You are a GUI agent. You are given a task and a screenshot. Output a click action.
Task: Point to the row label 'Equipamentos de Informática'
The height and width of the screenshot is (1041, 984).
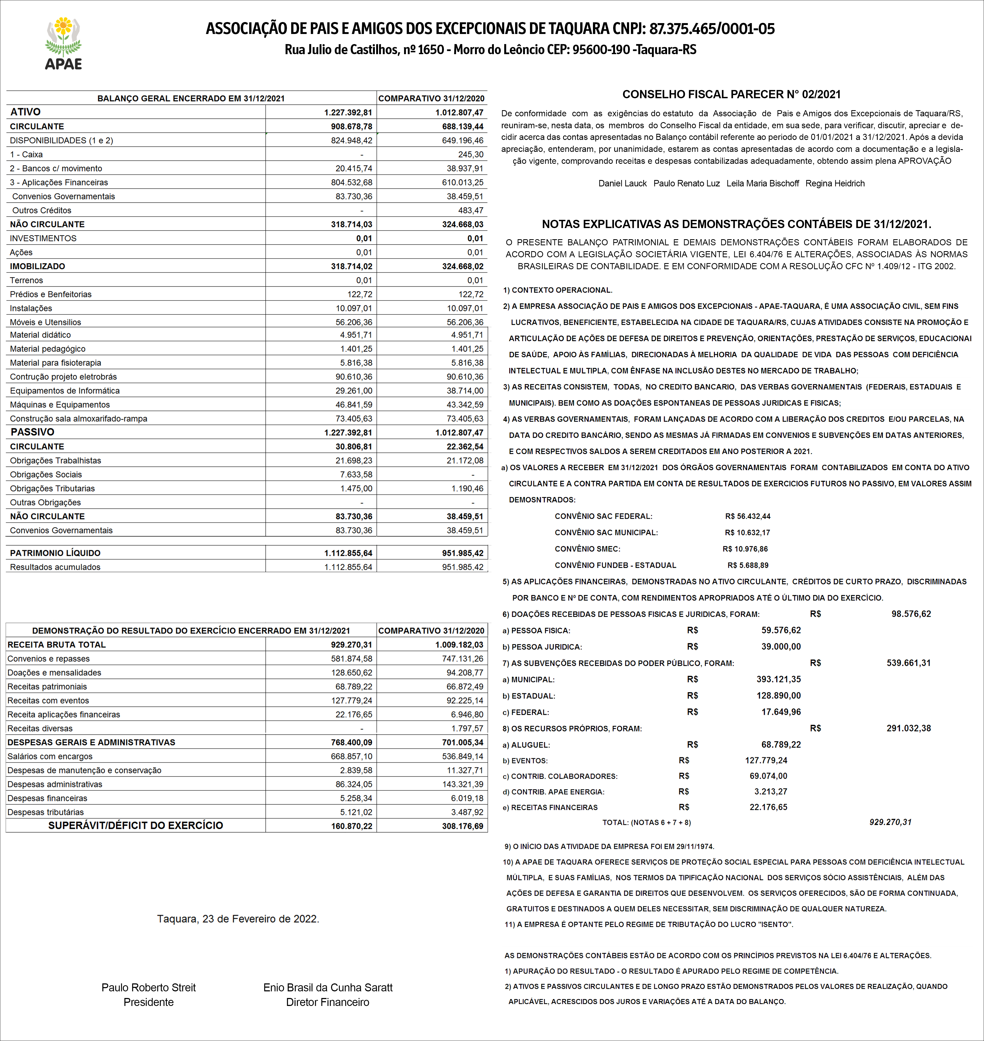(65, 391)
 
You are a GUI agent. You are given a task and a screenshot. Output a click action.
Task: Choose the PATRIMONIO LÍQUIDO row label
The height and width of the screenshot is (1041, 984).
(55, 553)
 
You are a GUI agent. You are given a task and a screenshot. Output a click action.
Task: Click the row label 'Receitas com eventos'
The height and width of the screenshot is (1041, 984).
(48, 700)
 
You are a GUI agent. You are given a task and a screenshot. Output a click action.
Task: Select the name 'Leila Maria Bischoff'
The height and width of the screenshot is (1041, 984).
(763, 183)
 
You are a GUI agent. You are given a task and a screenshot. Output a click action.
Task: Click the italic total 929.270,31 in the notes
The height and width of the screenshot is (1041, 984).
(890, 822)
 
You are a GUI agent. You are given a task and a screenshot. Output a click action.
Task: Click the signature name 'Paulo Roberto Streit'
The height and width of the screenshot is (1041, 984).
(149, 988)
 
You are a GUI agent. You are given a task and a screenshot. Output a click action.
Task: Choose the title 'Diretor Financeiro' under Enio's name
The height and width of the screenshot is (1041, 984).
(327, 1002)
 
